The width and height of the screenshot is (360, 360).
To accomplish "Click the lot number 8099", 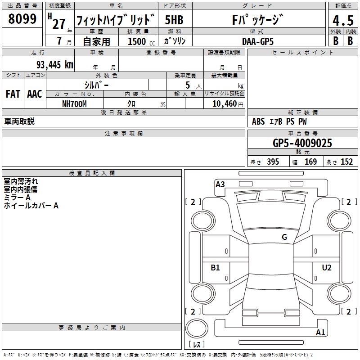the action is tap(22, 19).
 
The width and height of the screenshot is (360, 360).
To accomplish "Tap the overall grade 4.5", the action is tap(342, 21).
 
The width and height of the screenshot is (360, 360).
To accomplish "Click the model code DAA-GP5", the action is tap(257, 41).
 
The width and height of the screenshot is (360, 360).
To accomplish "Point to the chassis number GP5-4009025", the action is tap(302, 143).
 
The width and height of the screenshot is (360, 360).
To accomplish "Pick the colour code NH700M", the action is tap(74, 103).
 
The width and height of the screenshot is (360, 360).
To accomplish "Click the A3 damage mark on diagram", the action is tap(220, 184).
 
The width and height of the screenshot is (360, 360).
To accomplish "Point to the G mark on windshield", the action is tap(284, 237).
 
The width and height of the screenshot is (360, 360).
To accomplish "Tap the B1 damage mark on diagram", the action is tap(216, 268).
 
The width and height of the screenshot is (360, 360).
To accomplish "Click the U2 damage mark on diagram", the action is tap(327, 268).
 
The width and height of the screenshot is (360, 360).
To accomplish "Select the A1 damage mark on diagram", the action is tap(321, 333).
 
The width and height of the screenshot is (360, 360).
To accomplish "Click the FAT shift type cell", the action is tap(13, 94).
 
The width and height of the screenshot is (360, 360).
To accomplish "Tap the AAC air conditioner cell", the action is tap(35, 94).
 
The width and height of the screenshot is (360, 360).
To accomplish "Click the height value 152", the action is tap(346, 162).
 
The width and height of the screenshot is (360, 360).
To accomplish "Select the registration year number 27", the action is tap(59, 23).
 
